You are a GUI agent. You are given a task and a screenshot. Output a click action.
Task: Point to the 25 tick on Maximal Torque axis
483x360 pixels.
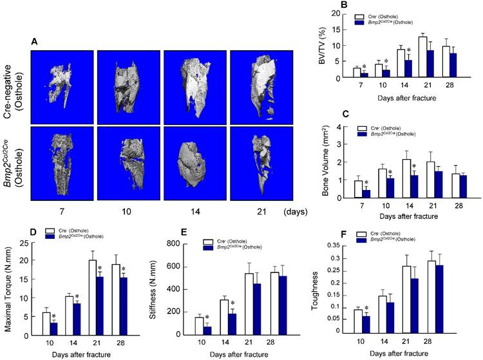coord(27,243)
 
